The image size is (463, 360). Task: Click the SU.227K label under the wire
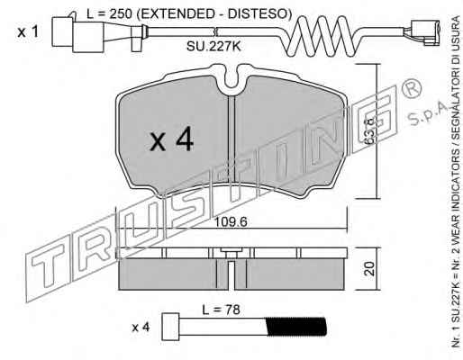pos(213,47)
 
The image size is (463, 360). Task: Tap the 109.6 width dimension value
pos(231,222)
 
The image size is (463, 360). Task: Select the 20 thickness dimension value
pos(369,269)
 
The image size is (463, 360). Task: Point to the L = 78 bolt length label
pos(221,310)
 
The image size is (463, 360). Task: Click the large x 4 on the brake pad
pos(172,139)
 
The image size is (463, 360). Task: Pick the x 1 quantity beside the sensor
pos(28,31)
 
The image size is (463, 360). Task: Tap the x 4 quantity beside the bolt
pos(141,328)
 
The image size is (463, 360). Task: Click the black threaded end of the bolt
pos(296,327)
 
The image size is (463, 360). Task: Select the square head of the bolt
pos(170,327)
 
